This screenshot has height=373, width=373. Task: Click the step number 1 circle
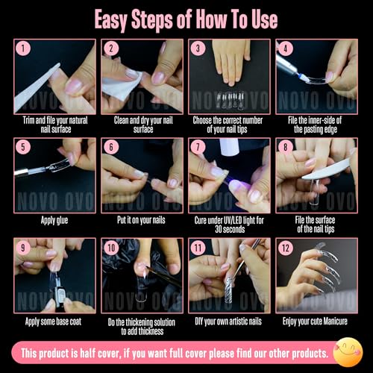[25, 50]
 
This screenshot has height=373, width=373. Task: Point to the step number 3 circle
[198, 50]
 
